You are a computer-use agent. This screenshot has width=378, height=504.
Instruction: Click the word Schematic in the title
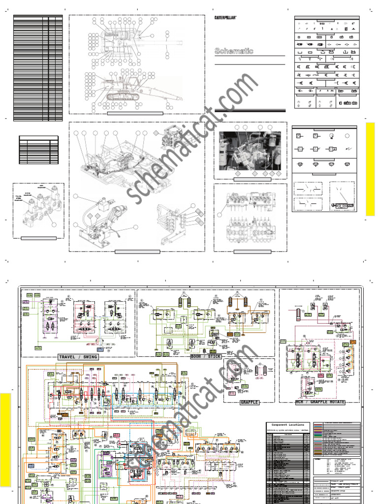tap(234, 51)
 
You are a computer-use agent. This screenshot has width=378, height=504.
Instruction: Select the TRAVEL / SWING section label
tap(78, 357)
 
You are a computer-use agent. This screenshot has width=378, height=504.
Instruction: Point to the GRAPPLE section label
tap(249, 402)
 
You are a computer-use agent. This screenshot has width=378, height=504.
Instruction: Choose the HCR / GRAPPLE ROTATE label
tap(313, 402)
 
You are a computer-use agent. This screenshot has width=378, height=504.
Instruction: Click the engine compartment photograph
tap(250, 151)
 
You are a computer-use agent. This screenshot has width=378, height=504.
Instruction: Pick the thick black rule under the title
tap(250, 110)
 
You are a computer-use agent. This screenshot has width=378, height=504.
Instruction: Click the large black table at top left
tap(38, 68)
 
